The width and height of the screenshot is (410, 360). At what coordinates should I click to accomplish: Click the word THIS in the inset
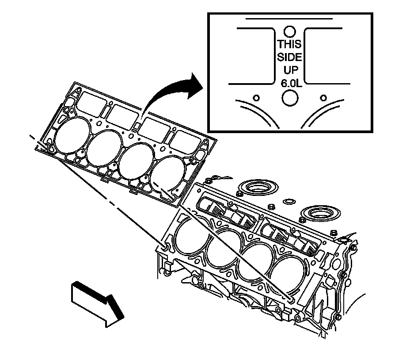pos(290,44)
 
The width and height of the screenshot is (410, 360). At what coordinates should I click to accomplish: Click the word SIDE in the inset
pos(290,57)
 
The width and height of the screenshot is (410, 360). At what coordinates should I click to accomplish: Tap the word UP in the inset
pos(290,70)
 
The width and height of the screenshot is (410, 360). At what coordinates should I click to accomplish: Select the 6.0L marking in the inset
pos(290,83)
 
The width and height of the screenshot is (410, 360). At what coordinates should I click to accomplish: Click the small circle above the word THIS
pos(290,31)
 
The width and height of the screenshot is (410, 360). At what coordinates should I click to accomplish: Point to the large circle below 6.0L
pos(290,98)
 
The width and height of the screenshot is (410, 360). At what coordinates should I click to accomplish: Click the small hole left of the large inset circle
pos(255,97)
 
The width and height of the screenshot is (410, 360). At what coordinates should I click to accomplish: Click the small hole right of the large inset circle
pos(324,97)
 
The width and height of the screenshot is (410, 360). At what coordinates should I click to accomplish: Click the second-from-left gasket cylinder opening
pos(104,148)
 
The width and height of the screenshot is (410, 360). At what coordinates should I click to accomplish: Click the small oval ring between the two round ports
pos(288,203)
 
